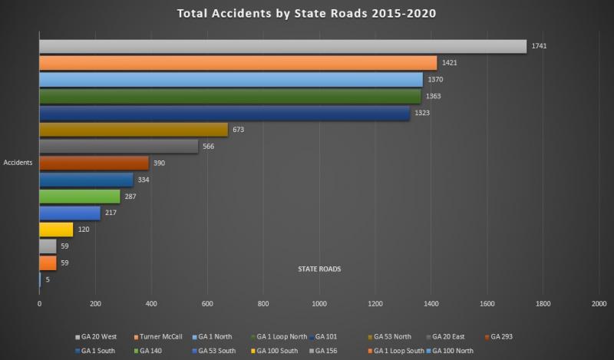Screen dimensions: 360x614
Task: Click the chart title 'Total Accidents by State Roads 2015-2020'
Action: coord(307,14)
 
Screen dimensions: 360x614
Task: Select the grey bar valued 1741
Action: coord(282,46)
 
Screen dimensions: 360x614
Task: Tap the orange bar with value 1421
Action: coord(238,63)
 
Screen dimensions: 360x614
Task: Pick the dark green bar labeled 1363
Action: coord(230,96)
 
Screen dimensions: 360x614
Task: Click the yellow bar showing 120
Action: coord(56,230)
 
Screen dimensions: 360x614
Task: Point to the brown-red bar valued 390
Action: coord(94,163)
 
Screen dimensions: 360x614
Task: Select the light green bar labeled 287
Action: coord(79,197)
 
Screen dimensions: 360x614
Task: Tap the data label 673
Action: coord(238,130)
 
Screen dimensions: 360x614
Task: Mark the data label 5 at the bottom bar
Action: coord(48,279)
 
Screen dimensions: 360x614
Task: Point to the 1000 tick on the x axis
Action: coord(319,304)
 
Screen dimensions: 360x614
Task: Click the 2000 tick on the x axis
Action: coord(599,304)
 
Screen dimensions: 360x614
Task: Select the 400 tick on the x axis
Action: coord(151,304)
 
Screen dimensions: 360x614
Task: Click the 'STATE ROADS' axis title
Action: coord(319,269)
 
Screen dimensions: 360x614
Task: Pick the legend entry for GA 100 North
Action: coord(453,350)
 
